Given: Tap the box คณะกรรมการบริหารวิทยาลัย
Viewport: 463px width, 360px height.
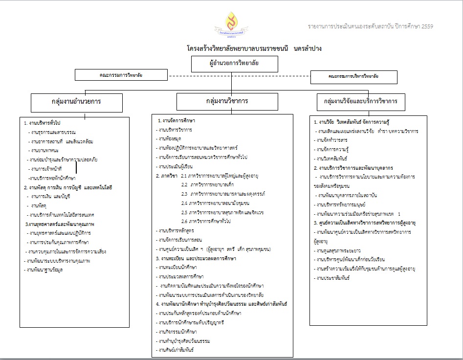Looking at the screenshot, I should click(353, 77).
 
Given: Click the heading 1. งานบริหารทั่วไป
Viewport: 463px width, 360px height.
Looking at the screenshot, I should click(45, 123).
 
